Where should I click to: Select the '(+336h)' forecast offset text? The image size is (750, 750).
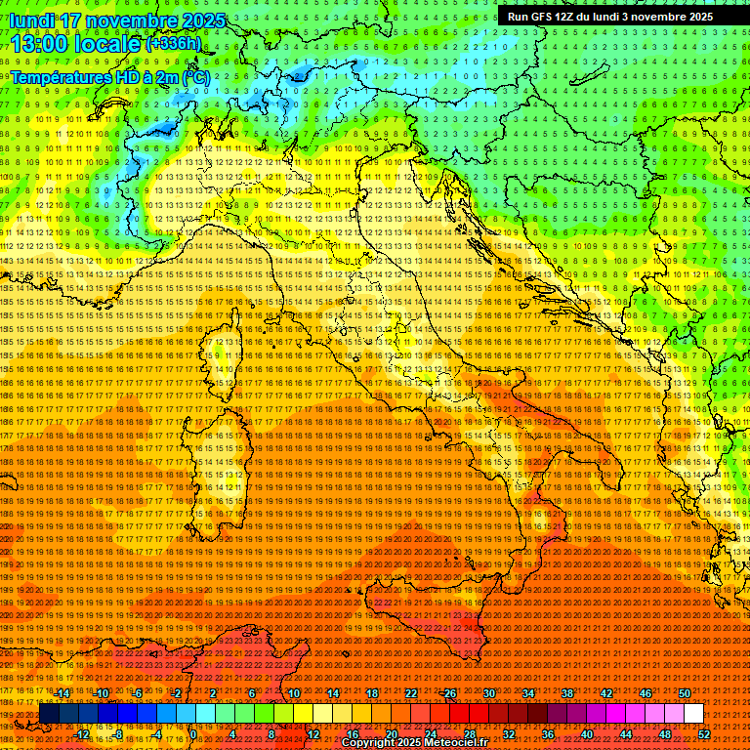(174, 43)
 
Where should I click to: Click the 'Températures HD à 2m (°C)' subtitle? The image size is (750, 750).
(109, 76)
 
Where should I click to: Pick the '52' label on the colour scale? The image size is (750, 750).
(703, 733)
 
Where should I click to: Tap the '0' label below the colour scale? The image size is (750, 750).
(193, 733)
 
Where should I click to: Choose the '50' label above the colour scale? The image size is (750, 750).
(684, 693)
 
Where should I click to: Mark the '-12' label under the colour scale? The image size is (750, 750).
(82, 733)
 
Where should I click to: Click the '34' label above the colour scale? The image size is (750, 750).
(528, 693)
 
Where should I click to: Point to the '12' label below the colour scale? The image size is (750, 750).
(313, 733)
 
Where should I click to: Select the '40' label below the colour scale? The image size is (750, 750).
(586, 733)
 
